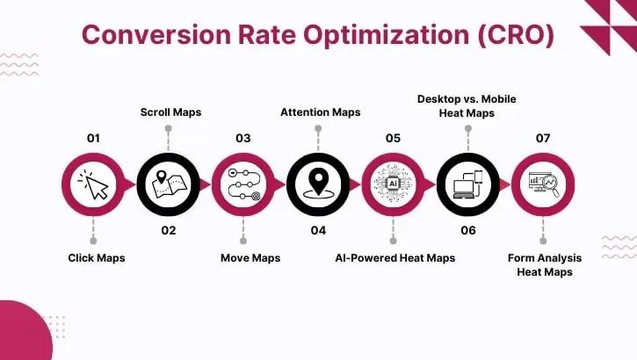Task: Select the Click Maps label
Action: click(97, 257)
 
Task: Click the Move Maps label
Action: click(250, 257)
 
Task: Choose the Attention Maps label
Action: click(320, 112)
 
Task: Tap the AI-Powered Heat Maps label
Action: click(395, 257)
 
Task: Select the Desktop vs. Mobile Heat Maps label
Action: click(466, 104)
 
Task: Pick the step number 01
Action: click(93, 138)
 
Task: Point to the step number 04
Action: click(318, 230)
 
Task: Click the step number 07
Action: click(543, 138)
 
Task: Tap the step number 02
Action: click(168, 230)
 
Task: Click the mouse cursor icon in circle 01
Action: click(93, 184)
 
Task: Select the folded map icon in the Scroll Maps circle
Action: click(168, 184)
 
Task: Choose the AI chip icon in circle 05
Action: click(393, 184)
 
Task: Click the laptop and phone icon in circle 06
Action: click(467, 184)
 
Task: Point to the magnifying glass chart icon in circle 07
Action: click(543, 184)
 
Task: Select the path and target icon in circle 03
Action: click(242, 184)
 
